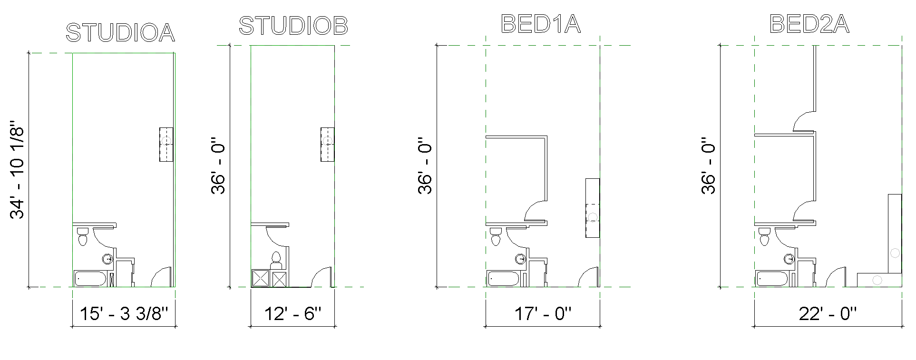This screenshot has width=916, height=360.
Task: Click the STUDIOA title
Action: (120, 33)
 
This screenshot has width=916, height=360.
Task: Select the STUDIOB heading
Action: (293, 26)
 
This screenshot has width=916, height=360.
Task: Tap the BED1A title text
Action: (541, 24)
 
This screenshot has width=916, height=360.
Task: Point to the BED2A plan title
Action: (809, 24)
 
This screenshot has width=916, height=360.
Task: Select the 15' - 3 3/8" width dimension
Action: (125, 314)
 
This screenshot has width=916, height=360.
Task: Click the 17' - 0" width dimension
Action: (543, 314)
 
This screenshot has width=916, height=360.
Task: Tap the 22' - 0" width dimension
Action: (828, 314)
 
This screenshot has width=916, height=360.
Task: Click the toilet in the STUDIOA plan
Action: (82, 236)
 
